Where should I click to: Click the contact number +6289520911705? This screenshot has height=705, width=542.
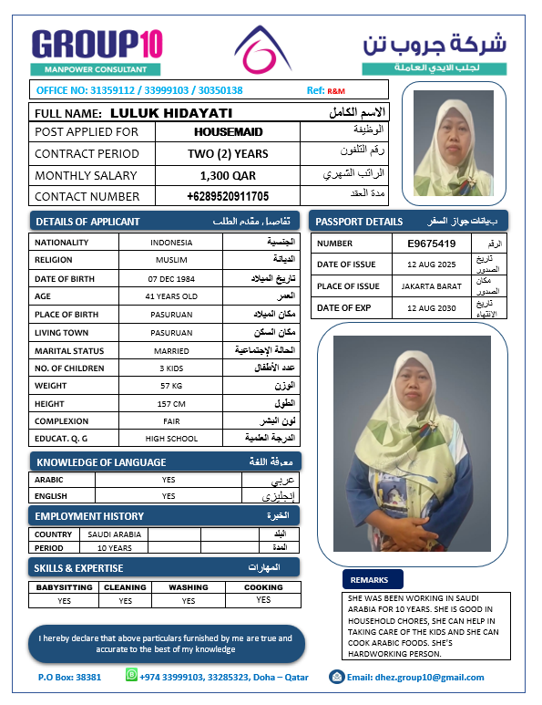point(228,196)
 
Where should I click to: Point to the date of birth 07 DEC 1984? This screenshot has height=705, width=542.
point(171,277)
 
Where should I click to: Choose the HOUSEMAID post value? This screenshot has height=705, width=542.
point(228,132)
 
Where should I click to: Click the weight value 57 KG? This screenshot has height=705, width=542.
point(171,386)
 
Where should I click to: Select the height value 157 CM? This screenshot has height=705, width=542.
point(171,403)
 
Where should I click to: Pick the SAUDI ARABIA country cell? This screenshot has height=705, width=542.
point(114,534)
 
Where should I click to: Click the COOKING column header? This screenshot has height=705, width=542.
point(263,587)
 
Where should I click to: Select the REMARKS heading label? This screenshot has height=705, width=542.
point(369,579)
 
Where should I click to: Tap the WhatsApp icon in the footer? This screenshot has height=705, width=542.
point(130,676)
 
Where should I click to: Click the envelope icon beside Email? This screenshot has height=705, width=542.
point(337,677)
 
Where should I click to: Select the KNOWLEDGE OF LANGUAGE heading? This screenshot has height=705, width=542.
point(101,462)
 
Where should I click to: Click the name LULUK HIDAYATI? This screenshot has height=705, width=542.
point(170,113)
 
